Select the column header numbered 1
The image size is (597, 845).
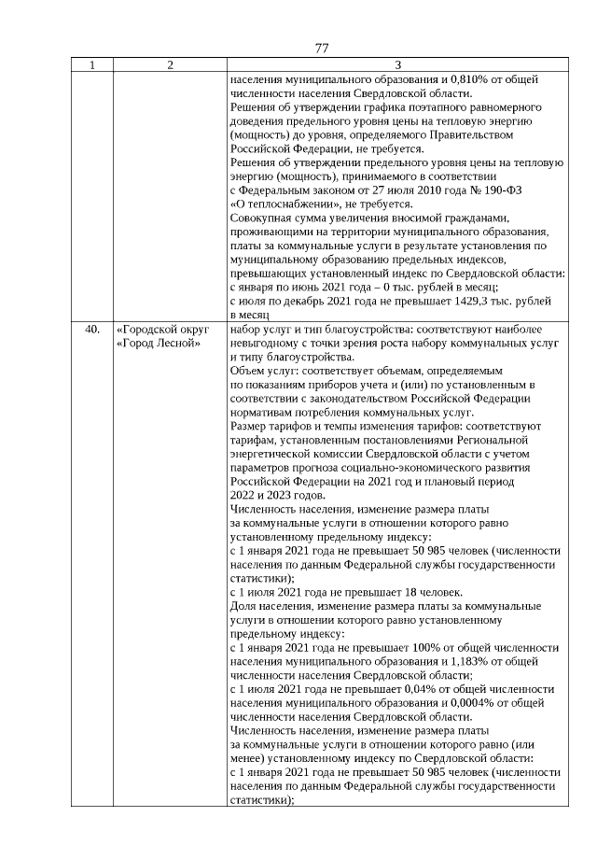(91, 64)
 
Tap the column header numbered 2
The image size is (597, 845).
(170, 64)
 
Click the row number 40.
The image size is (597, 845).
(91, 330)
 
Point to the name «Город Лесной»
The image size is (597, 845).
(159, 344)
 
